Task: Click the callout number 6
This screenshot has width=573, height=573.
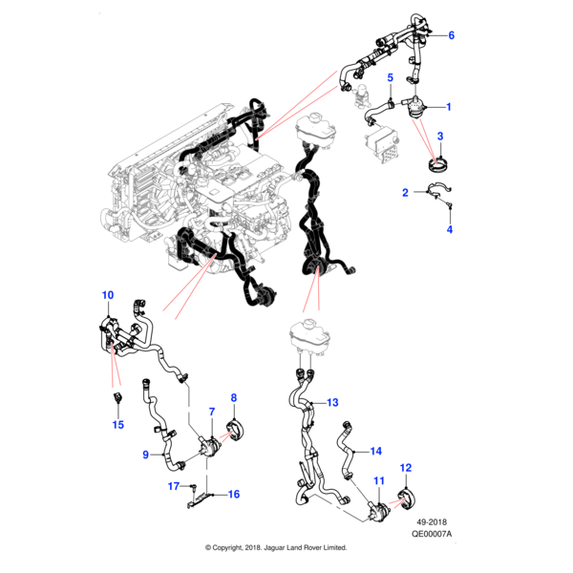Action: coord(451,35)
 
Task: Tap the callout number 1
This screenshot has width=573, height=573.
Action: coord(449,107)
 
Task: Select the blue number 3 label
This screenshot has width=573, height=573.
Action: coord(440,137)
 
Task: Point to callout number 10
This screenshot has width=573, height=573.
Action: coord(107,295)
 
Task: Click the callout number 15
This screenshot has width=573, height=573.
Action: coord(117,425)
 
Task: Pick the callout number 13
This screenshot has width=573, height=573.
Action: coord(332,402)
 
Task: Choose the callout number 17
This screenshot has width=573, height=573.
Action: coord(174,486)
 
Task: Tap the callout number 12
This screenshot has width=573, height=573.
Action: coord(406,468)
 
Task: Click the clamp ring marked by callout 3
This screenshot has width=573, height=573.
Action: coord(437,165)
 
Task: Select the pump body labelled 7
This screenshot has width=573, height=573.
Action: coord(210,446)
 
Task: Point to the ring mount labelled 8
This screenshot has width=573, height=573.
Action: coord(236,431)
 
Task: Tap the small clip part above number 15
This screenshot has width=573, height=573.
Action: coord(118,397)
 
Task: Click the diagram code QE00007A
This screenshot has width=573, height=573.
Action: coord(432,534)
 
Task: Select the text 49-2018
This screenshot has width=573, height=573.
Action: coord(432,521)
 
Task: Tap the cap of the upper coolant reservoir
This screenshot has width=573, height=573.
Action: coord(314,118)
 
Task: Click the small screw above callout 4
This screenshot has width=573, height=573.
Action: coord(450,204)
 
